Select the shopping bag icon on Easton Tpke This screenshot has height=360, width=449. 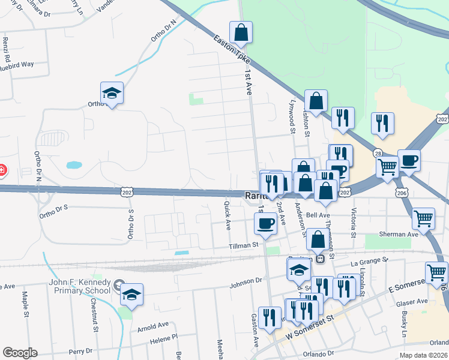(241, 34)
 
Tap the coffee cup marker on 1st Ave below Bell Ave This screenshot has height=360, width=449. (266, 224)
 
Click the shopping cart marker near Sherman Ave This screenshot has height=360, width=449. (423, 219)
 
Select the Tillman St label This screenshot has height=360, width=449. (243, 245)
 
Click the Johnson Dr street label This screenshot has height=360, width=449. (246, 280)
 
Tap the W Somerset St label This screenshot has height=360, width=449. (309, 329)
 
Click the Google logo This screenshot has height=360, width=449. (20, 352)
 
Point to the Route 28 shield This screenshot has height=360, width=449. (378, 153)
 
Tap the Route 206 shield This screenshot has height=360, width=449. (402, 191)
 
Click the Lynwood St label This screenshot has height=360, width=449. (293, 117)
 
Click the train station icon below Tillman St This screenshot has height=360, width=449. (321, 259)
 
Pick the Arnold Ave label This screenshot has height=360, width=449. (153, 326)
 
